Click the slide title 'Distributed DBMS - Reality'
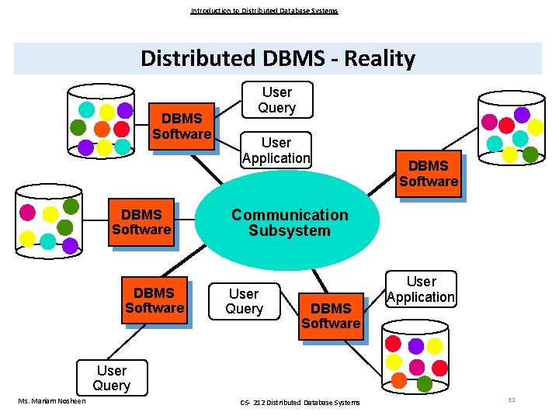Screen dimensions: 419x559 coord(278,59)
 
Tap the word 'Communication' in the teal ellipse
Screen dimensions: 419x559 coord(290,215)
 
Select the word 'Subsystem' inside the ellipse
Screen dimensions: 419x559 coord(290,230)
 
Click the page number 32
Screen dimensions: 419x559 coord(512,400)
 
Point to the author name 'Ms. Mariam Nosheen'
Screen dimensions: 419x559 coord(52,400)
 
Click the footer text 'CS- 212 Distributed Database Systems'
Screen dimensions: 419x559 coord(300,402)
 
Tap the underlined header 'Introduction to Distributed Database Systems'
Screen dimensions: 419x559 coord(264,11)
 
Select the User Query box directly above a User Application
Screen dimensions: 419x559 coord(277,100)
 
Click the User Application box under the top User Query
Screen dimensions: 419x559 coord(276,151)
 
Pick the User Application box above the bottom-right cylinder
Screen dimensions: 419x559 coord(421,289)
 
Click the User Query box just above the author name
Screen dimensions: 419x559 coord(112,378)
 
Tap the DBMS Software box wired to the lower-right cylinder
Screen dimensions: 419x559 coord(331,316)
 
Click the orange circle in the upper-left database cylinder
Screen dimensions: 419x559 coord(102,129)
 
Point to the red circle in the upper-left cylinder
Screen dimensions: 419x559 coord(122,129)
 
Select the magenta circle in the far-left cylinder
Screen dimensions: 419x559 coord(28,212)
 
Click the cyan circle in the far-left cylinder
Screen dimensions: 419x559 coord(48,241)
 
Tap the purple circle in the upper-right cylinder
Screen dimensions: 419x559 coord(522,115)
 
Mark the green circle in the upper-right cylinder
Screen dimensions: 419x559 coord(529,154)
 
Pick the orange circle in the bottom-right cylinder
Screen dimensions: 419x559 coord(399,380)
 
